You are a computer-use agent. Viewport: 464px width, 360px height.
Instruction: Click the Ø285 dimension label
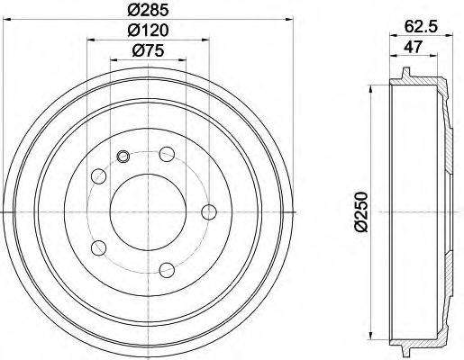[149, 12]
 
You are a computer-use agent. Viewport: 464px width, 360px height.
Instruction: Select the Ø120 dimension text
[149, 31]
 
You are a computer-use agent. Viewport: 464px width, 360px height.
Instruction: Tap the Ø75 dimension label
[149, 50]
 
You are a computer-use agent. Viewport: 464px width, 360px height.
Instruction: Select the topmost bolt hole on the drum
[167, 155]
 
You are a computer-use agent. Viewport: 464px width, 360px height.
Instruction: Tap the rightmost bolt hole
[209, 211]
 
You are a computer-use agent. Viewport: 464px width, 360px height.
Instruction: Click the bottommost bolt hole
[167, 268]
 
